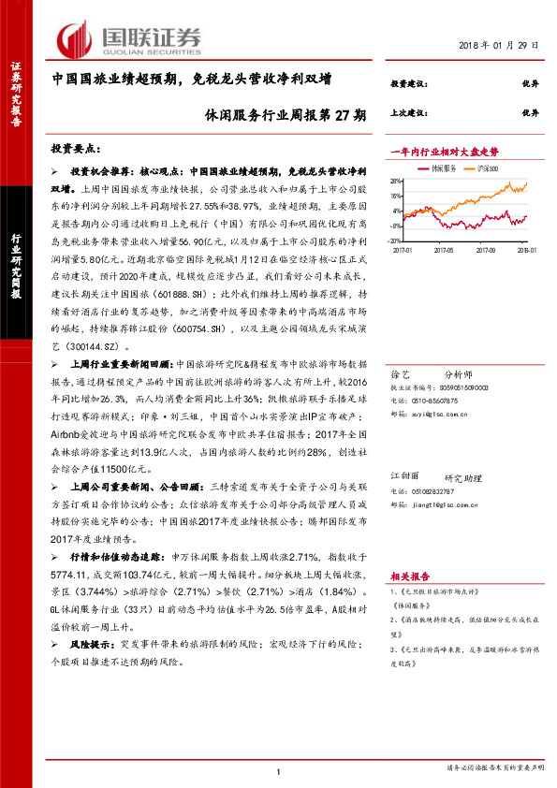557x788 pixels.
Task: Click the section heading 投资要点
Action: (x=77, y=150)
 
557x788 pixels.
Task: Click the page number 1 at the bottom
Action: (x=279, y=772)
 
